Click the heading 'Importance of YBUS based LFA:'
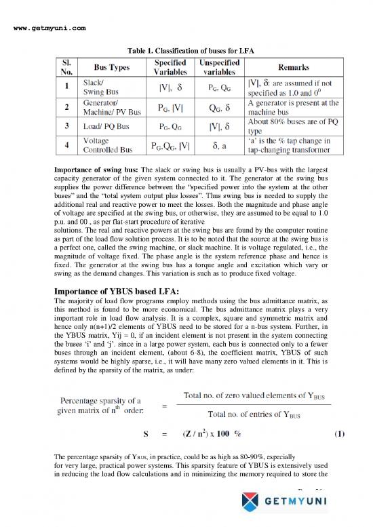pyautogui.click(x=124, y=294)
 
